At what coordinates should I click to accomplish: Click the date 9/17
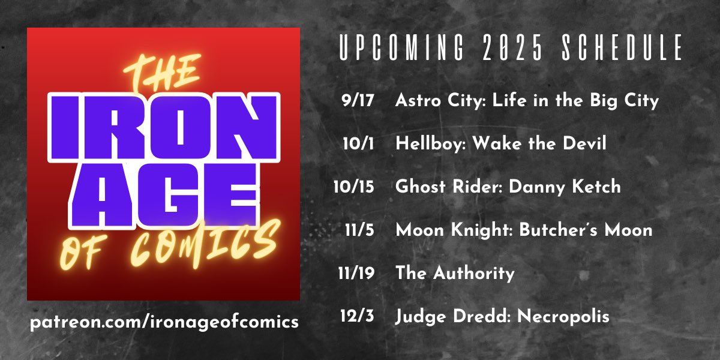[358, 101]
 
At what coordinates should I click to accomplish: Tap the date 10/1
[360, 144]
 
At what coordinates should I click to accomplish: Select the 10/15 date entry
[354, 187]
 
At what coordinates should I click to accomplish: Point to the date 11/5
[360, 230]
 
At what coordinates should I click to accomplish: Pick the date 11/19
[356, 274]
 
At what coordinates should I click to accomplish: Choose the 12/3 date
[359, 317]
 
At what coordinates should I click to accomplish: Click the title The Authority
[455, 274]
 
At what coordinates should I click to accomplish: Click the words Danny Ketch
[565, 187]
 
